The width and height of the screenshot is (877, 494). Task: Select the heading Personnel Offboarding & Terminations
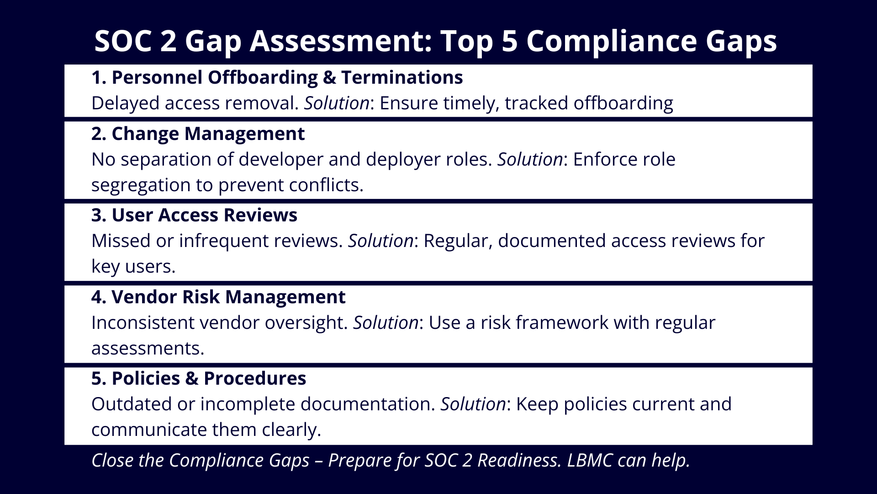coord(277,77)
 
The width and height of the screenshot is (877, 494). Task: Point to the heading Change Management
coord(198,134)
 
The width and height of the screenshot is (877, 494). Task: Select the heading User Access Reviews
coord(194,215)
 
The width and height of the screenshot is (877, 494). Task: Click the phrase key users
coord(133,267)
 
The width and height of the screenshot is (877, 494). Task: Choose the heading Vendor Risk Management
coord(218,297)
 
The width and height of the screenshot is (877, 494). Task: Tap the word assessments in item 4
coord(148,349)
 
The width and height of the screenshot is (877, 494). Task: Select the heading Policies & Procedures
coord(199,378)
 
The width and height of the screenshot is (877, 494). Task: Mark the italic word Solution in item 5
coord(473,404)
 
